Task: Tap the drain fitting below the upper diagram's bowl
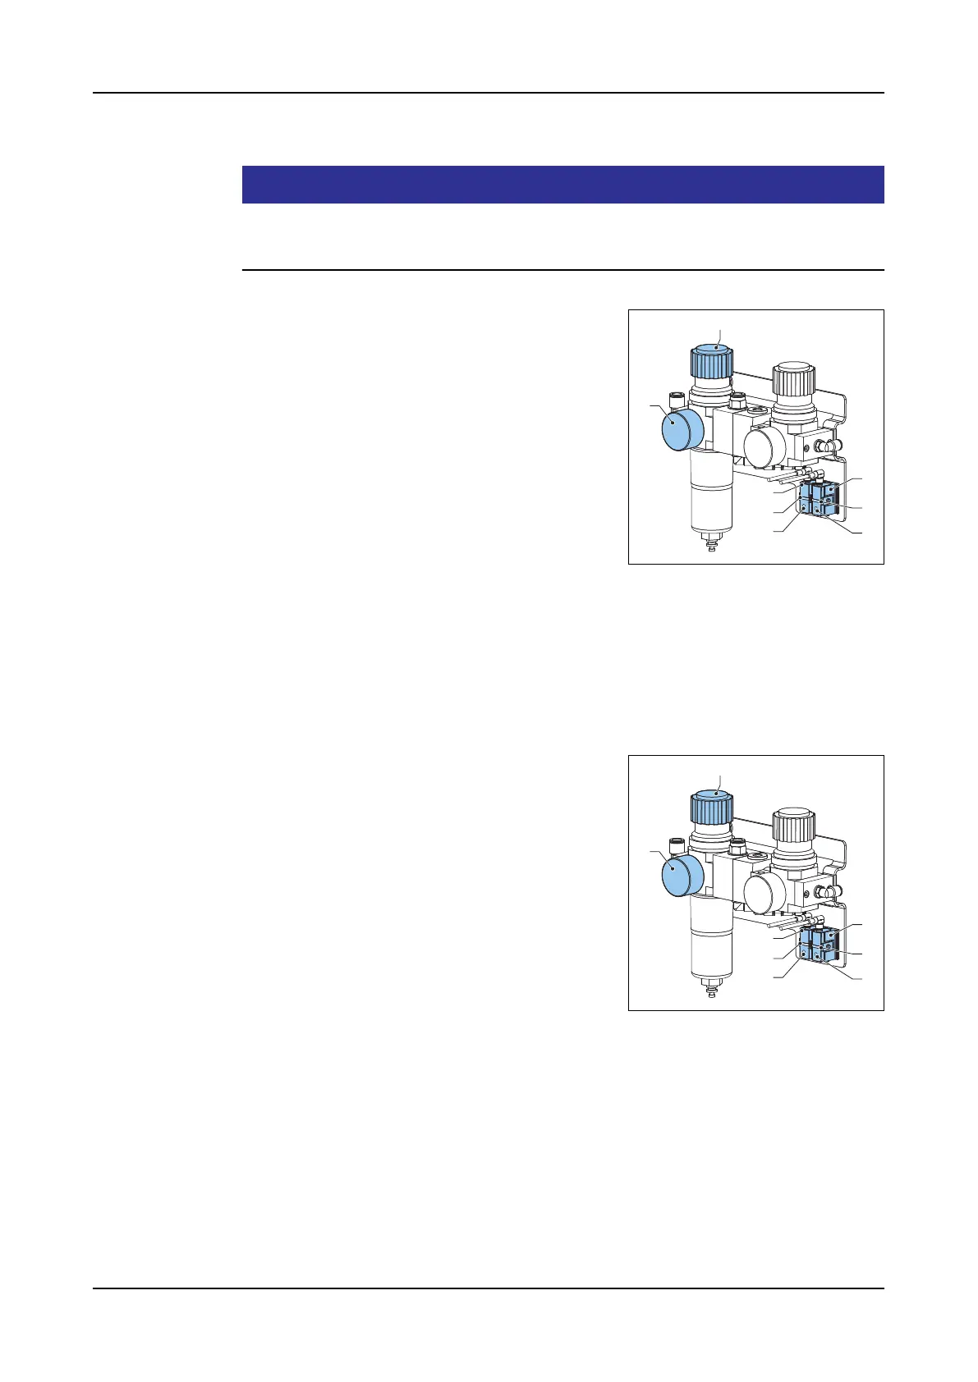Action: pyautogui.click(x=710, y=542)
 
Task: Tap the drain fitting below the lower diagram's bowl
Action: pyautogui.click(x=710, y=988)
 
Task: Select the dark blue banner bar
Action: pyautogui.click(x=562, y=185)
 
